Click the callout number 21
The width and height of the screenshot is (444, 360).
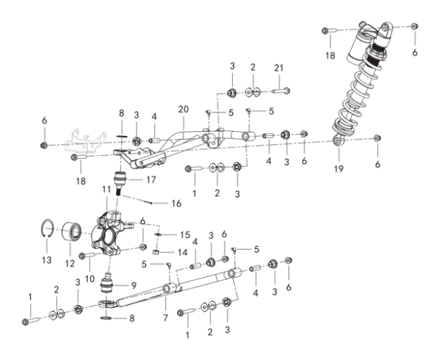[x=279, y=68]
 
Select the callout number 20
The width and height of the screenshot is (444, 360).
[x=184, y=109]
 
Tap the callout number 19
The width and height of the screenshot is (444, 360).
[x=338, y=169]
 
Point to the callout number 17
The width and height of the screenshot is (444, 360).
[x=151, y=180]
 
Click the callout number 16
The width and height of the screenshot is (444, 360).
[x=176, y=203]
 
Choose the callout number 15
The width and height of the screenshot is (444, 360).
[x=185, y=235]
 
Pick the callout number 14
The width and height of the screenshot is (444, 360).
[x=182, y=252]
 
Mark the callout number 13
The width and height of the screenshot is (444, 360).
[x=46, y=260]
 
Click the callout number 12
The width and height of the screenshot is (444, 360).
[x=70, y=264]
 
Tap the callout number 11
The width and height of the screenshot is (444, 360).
[x=106, y=189]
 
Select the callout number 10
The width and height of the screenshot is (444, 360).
[x=89, y=279]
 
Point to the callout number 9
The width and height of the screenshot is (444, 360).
[x=134, y=285]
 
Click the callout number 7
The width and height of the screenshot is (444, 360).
[x=165, y=318]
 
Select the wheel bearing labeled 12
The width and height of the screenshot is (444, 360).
[x=71, y=231]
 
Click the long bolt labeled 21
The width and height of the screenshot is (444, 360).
[x=281, y=92]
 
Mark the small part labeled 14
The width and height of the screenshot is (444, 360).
[x=155, y=252]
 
